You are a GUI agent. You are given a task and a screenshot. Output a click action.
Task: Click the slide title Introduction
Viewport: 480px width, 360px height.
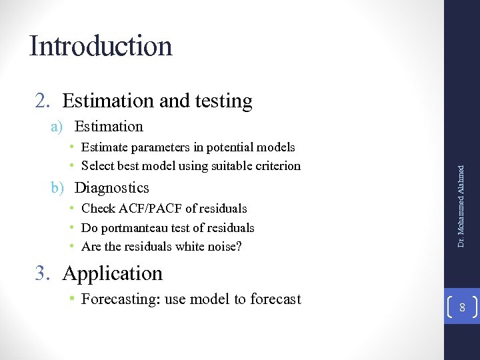[x=101, y=46]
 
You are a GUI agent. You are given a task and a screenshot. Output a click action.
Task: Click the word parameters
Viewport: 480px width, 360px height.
[x=160, y=147]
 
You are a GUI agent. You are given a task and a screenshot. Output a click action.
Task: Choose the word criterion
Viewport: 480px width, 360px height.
[x=275, y=165]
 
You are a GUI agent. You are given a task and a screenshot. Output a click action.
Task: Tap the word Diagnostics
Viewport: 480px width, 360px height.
[x=111, y=187]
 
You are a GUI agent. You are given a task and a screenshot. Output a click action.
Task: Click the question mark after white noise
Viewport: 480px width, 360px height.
[x=239, y=247]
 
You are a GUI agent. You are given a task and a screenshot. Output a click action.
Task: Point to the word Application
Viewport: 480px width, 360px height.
[x=113, y=273]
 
